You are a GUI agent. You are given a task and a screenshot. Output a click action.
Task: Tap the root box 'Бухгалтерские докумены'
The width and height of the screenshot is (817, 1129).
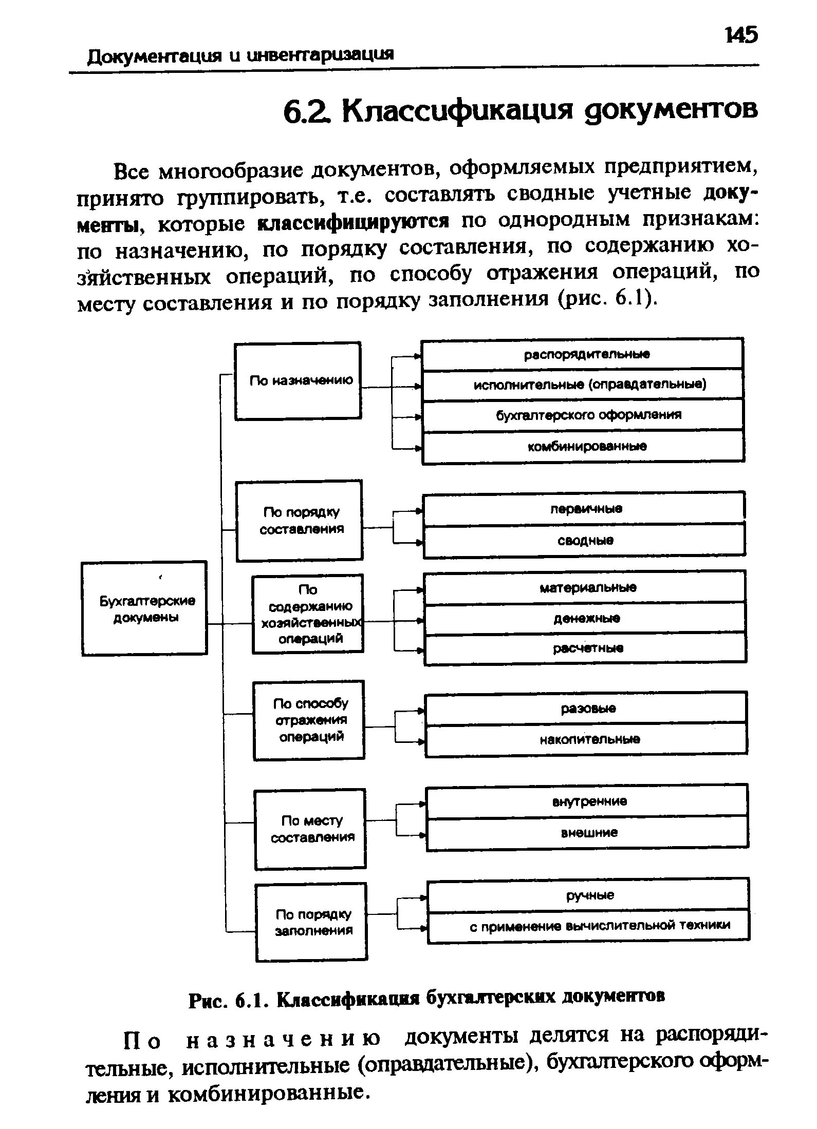tap(144, 608)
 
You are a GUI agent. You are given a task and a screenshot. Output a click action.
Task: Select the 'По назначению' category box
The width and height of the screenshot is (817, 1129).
tap(298, 381)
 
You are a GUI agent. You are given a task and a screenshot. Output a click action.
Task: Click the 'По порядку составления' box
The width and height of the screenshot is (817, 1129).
tap(299, 520)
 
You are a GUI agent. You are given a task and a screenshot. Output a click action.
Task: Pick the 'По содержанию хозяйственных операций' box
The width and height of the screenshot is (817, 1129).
tap(307, 614)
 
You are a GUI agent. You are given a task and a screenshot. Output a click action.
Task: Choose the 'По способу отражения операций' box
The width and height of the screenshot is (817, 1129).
tap(309, 720)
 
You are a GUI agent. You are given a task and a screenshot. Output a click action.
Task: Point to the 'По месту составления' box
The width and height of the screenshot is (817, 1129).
tap(310, 829)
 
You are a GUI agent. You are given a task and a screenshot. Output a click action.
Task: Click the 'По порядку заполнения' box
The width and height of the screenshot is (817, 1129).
tap(311, 923)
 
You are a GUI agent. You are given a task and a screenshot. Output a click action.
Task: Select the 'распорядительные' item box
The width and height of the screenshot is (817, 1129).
tap(582, 355)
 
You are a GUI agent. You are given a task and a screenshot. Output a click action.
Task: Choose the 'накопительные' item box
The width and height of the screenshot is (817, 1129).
tap(586, 740)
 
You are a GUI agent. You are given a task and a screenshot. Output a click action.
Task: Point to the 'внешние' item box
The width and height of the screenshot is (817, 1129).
tap(587, 833)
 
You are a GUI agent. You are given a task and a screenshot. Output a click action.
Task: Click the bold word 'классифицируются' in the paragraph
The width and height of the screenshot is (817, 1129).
tap(354, 222)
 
